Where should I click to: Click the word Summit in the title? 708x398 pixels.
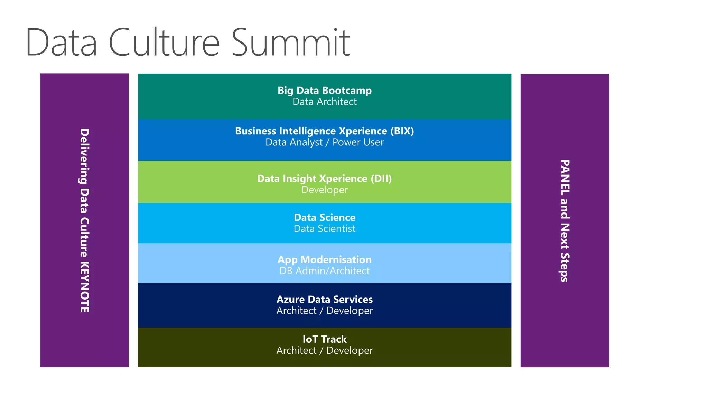tap(290, 43)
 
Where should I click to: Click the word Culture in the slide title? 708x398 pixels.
tap(164, 43)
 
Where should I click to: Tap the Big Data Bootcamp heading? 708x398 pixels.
tap(324, 91)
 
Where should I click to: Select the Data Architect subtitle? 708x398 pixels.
tap(324, 102)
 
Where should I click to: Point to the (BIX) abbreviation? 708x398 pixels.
tap(402, 131)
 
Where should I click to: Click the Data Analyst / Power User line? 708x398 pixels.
tap(324, 142)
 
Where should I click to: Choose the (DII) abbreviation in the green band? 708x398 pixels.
tap(381, 179)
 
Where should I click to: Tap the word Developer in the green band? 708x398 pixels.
tap(324, 190)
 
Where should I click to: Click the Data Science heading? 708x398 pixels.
tap(324, 217)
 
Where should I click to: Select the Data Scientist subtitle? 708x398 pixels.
tap(324, 229)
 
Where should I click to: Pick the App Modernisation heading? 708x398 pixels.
tap(324, 259)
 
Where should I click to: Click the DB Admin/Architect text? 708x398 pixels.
tap(324, 271)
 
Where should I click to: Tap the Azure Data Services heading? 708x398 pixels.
tap(324, 299)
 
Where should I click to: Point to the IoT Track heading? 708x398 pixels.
tap(324, 339)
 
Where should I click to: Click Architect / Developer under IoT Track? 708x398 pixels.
tap(324, 351)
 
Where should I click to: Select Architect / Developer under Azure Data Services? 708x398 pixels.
tap(324, 311)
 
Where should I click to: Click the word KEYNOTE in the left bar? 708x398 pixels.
tap(85, 287)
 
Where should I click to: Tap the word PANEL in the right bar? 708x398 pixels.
tap(565, 176)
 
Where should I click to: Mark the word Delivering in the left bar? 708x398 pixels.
tap(85, 156)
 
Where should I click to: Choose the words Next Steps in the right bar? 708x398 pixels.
tap(565, 253)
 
